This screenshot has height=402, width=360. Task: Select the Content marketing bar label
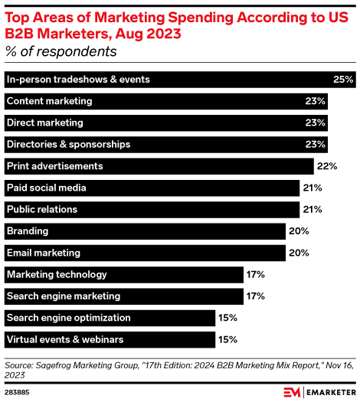tap(49, 101)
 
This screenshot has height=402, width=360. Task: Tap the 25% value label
tap(342, 80)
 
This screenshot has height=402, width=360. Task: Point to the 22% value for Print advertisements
tap(328, 166)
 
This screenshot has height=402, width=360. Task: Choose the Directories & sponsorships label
tap(68, 144)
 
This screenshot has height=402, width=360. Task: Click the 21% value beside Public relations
tap(313, 209)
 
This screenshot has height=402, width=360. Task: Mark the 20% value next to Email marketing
tap(299, 253)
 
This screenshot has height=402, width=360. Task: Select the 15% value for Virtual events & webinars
tap(227, 338)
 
